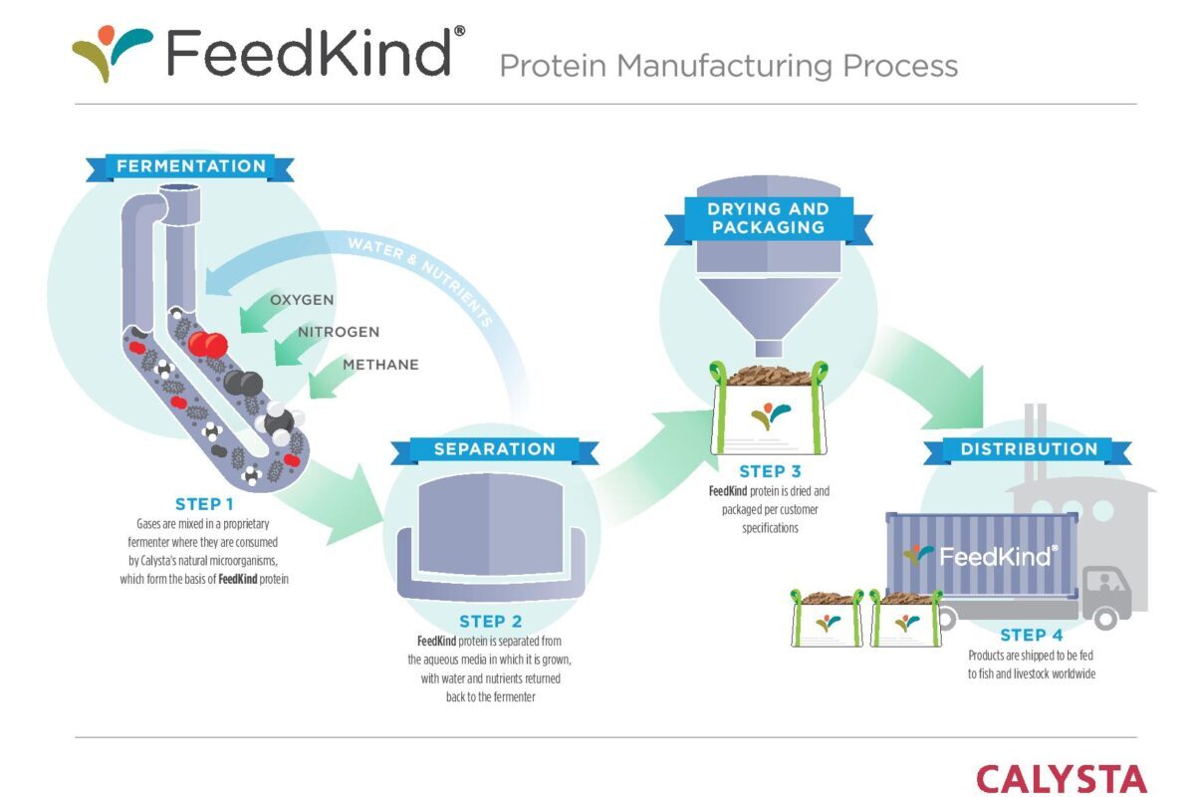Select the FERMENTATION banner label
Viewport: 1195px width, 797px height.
[191, 166]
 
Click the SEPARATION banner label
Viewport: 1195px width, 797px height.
[494, 449]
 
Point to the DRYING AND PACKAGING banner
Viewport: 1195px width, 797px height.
[767, 218]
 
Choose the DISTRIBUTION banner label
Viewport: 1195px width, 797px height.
[1029, 449]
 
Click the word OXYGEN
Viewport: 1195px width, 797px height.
[302, 300]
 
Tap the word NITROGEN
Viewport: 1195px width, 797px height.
[339, 332]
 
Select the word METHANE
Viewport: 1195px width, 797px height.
[380, 365]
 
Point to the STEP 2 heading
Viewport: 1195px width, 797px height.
[490, 622]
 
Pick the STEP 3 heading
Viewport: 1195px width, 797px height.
[770, 471]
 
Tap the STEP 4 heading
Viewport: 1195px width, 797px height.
[1037, 635]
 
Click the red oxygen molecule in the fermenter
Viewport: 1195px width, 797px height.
[208, 345]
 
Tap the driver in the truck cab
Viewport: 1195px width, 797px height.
[1105, 585]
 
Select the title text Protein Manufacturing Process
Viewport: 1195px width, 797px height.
[728, 66]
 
